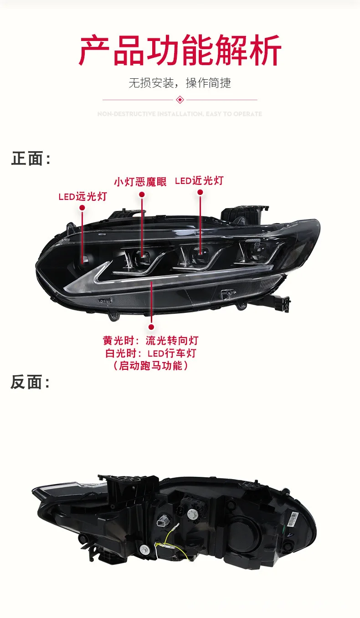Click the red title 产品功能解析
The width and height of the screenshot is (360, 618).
click(x=180, y=51)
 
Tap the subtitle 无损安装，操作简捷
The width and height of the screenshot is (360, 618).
click(x=180, y=83)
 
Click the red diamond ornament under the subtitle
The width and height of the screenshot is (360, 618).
click(x=180, y=99)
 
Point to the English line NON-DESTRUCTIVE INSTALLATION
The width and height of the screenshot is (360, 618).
click(x=180, y=114)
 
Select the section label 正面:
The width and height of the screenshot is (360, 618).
click(x=30, y=159)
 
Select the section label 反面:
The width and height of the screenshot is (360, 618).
click(x=30, y=383)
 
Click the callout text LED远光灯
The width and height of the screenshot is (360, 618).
click(x=82, y=197)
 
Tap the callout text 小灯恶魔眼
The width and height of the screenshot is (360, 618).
click(x=140, y=182)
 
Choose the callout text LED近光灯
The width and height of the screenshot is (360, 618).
click(x=199, y=181)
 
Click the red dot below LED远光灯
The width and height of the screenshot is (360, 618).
click(x=82, y=208)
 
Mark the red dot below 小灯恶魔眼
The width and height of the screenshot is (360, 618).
click(x=142, y=194)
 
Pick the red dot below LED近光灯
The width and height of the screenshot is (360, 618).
click(x=200, y=193)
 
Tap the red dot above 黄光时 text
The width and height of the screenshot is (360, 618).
click(x=151, y=327)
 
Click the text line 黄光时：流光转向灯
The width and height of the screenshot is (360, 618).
click(x=151, y=340)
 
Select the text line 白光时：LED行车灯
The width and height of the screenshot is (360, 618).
click(x=151, y=353)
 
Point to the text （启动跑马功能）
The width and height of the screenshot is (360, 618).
click(x=151, y=366)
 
